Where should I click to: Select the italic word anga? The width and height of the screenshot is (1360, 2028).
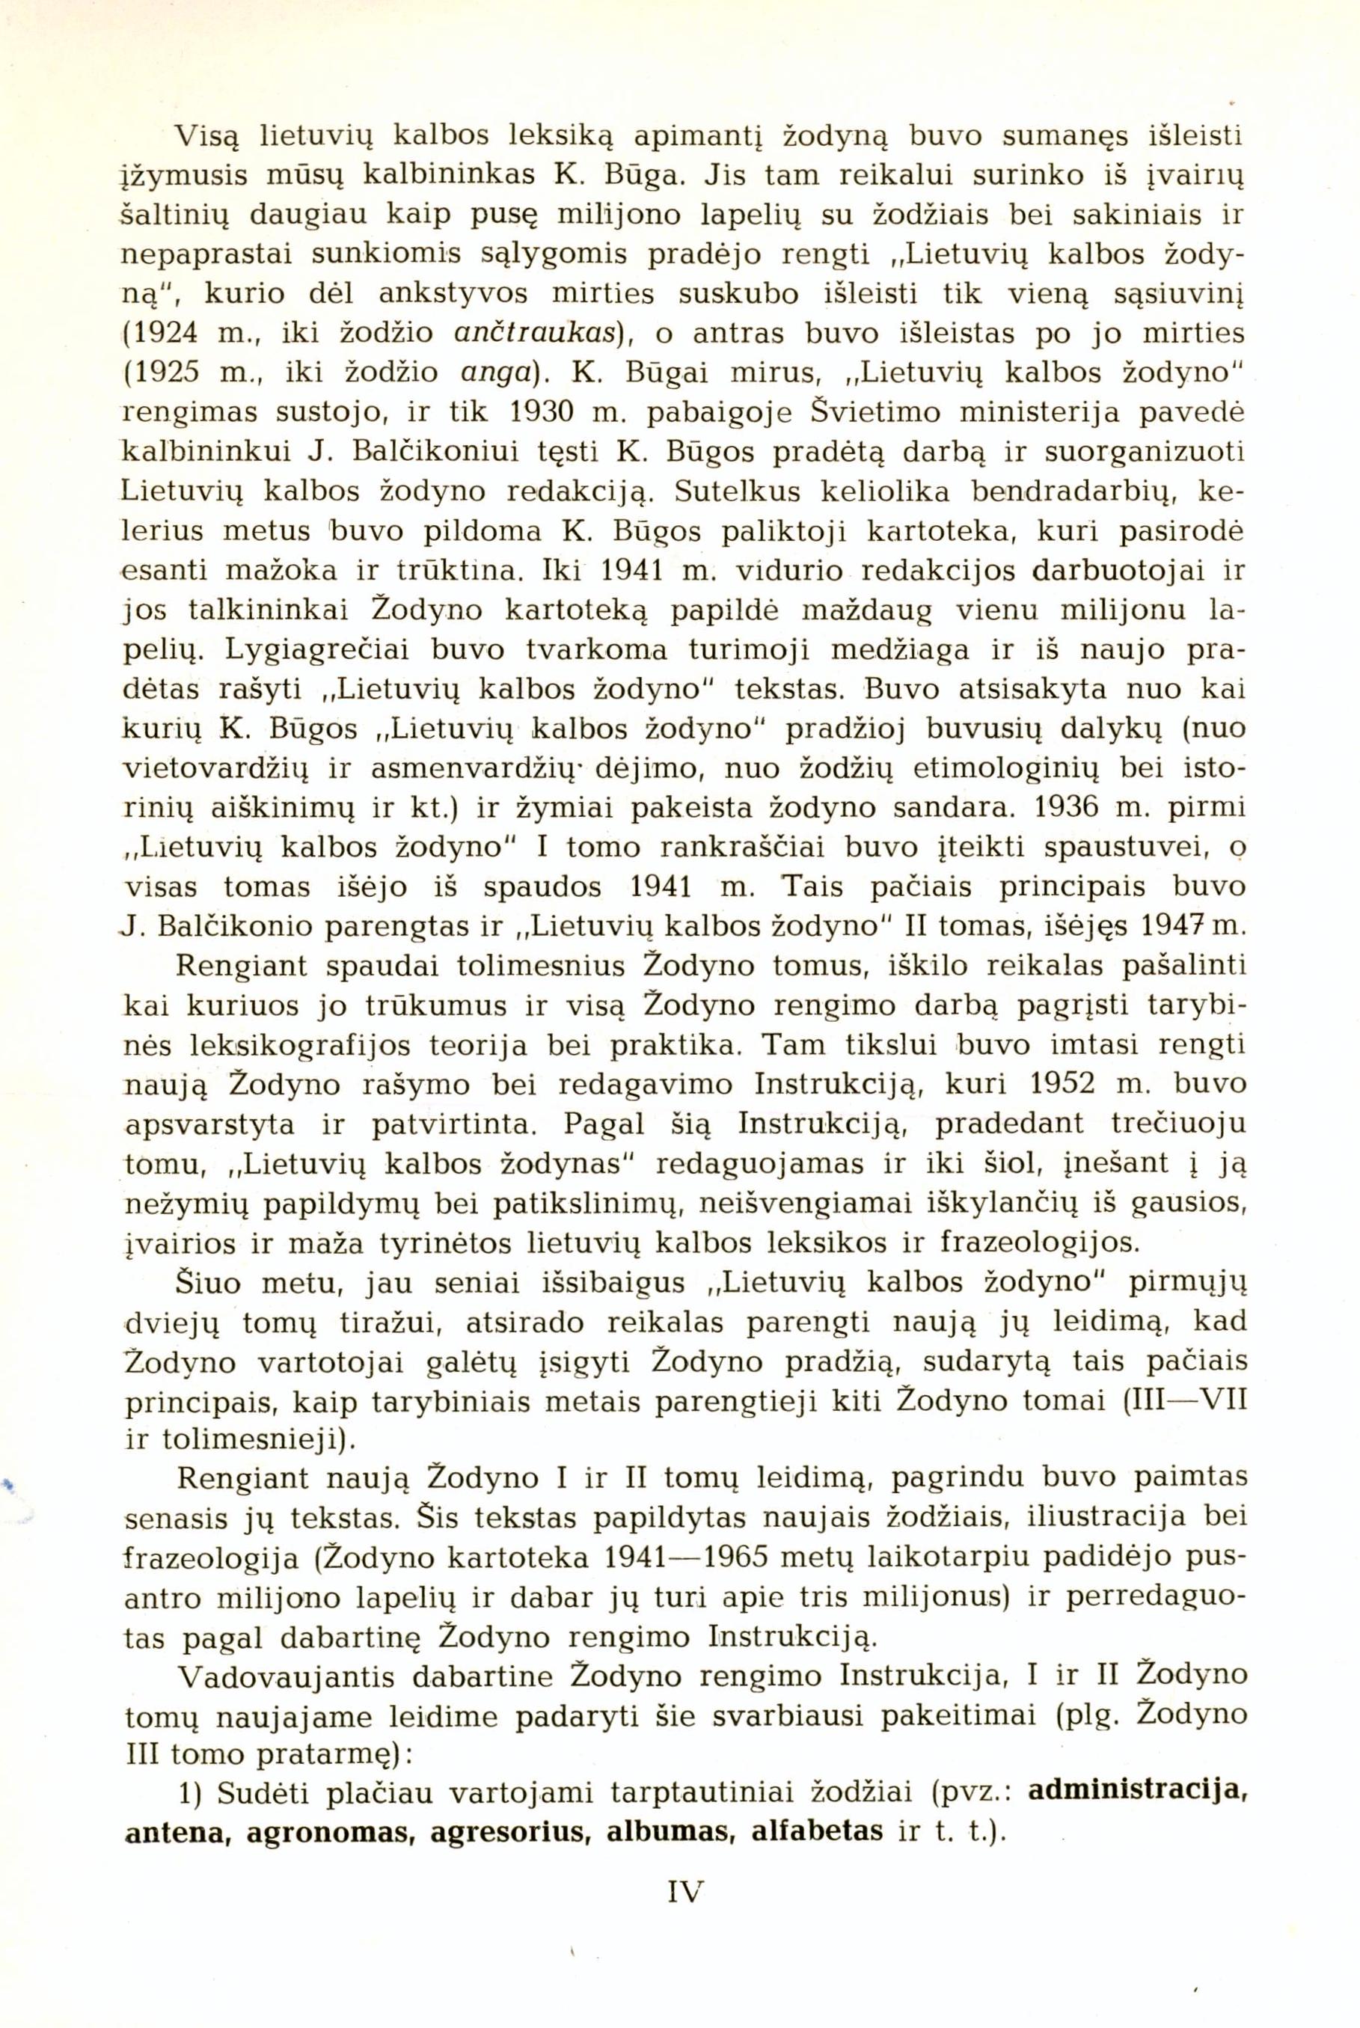click(494, 374)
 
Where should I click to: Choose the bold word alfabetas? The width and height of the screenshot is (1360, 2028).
click(817, 1829)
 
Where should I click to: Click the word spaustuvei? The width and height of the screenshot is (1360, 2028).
click(1127, 848)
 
